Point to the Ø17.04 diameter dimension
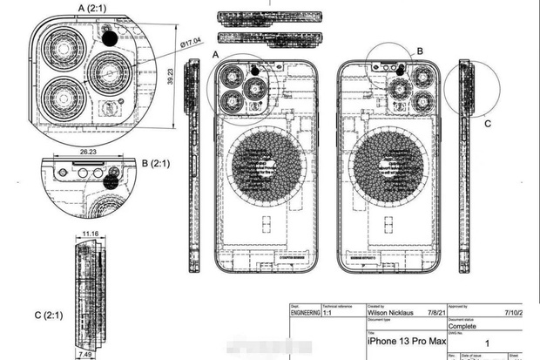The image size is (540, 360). click(190, 40)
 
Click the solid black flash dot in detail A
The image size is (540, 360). click(110, 37)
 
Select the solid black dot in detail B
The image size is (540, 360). click(111, 181)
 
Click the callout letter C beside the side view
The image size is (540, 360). click(487, 124)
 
